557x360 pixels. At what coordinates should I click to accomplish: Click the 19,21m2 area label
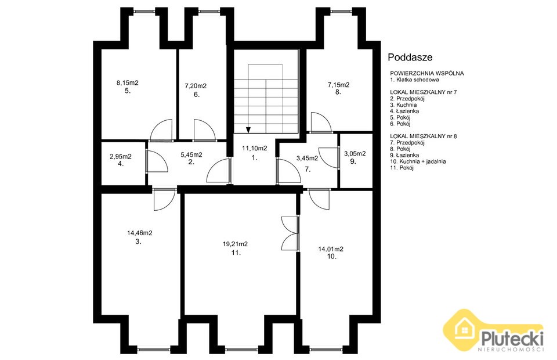(235, 244)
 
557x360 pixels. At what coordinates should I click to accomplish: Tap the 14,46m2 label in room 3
(140, 233)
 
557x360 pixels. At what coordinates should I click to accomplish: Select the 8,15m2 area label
(128, 83)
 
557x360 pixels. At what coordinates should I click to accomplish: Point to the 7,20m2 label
(196, 86)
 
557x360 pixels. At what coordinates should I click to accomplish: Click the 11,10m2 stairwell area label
(255, 148)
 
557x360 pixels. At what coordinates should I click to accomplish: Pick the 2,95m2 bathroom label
(121, 156)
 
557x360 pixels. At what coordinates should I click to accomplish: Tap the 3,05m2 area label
(355, 153)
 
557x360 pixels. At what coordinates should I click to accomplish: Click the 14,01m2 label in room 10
(331, 249)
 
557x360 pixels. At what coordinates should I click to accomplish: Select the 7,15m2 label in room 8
(338, 85)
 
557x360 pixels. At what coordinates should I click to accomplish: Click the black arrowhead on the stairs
(248, 129)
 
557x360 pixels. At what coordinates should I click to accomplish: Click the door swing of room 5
(161, 130)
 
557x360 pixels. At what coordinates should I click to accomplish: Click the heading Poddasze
(410, 57)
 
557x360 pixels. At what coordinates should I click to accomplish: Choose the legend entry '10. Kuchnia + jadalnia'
(418, 161)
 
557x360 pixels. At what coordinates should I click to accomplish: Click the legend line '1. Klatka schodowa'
(414, 80)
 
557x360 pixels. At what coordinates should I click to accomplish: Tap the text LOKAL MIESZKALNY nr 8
(424, 136)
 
